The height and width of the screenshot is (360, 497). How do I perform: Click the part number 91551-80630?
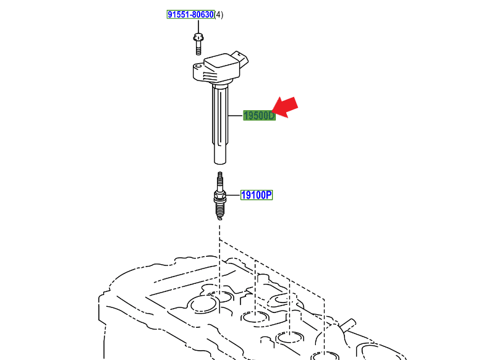pos(190,15)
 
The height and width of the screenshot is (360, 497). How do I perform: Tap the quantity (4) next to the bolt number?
pos(219,15)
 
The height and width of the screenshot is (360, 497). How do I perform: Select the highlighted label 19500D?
pos(259,116)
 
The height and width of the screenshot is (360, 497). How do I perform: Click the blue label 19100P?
pos(257,195)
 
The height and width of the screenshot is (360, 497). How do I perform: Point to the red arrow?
pos(285,108)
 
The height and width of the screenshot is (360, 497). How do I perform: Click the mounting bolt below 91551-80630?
pos(198,44)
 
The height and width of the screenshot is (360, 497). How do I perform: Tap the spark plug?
pos(220,196)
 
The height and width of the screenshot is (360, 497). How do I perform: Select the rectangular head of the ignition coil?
pos(222,68)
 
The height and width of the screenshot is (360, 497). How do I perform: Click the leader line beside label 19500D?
pos(235,116)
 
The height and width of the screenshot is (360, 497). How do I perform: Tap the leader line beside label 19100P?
pos(233,195)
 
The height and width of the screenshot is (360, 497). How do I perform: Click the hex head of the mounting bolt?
pos(198,37)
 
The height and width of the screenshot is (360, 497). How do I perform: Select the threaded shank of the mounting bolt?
pos(198,48)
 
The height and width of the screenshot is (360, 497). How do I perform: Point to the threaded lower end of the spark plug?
pos(220,210)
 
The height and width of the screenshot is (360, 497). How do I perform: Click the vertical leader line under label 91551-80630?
pos(198,26)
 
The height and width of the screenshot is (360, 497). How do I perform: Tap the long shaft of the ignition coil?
pos(220,124)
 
